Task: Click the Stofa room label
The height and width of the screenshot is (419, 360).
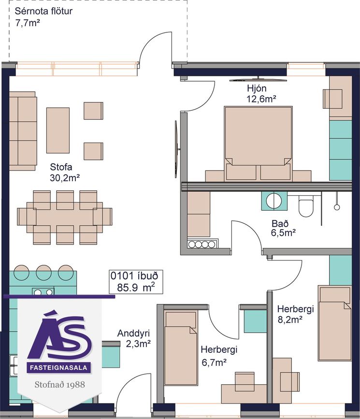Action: click(x=61, y=167)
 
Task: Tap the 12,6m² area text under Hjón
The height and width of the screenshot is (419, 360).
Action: click(x=261, y=99)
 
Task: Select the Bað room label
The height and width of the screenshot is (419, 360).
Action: click(x=280, y=223)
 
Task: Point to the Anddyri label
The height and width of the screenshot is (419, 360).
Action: click(x=133, y=333)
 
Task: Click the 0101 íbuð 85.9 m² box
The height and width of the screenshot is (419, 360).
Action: click(x=136, y=282)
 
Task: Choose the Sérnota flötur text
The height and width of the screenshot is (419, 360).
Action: click(x=43, y=11)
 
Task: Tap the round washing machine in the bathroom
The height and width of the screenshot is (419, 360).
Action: click(x=274, y=201)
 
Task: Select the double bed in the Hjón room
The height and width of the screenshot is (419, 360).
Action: click(x=258, y=144)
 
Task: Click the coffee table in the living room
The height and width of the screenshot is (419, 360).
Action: click(x=58, y=130)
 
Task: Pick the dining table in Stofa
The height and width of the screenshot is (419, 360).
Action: click(x=64, y=217)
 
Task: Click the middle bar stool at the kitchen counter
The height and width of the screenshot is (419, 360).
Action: click(x=43, y=273)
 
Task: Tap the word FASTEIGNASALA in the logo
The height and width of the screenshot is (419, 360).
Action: click(x=58, y=368)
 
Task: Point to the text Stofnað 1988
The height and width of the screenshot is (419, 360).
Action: click(x=59, y=385)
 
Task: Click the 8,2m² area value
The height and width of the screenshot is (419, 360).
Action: click(x=290, y=319)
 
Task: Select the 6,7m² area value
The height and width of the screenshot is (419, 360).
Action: click(x=214, y=362)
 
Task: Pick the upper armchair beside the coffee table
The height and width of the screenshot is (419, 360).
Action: click(x=93, y=111)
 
